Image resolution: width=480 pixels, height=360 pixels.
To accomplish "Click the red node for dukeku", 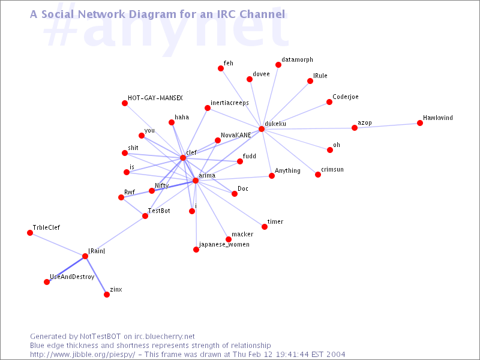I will [x=262, y=129].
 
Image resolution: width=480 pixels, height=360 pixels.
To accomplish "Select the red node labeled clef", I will [x=183, y=158].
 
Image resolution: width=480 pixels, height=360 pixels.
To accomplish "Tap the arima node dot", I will [x=196, y=181].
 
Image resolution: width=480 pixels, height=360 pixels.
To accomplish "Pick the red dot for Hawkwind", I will [x=420, y=123].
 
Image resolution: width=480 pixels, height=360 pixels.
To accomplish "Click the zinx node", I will [x=107, y=295].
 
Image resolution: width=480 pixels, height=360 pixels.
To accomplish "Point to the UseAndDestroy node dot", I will [x=47, y=282].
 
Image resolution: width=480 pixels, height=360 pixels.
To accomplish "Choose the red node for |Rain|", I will [x=85, y=256].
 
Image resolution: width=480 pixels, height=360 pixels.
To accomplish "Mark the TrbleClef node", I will [x=30, y=233].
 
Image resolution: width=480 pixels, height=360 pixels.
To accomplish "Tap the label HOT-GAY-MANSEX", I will [x=155, y=97].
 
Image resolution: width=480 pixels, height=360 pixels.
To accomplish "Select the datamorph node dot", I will [x=278, y=65].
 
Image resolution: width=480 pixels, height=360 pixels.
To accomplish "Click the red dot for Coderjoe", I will [x=329, y=103].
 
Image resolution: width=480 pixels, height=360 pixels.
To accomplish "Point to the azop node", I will [x=355, y=128].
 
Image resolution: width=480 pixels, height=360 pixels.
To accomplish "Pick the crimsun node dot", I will [x=318, y=175].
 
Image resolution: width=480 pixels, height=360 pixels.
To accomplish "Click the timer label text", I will [x=275, y=221].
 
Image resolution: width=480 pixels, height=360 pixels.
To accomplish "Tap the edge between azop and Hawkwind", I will [x=387, y=125].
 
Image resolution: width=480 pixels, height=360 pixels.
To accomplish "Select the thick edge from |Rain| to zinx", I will [x=96, y=275].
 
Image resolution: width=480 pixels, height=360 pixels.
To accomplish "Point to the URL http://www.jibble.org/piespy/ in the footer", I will [x=83, y=354].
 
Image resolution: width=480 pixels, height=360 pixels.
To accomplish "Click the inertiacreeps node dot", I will [x=208, y=108].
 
